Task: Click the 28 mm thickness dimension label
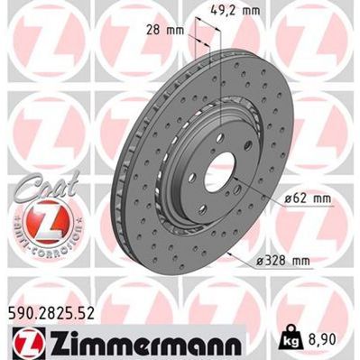[162, 30]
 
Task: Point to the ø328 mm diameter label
[282, 262]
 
